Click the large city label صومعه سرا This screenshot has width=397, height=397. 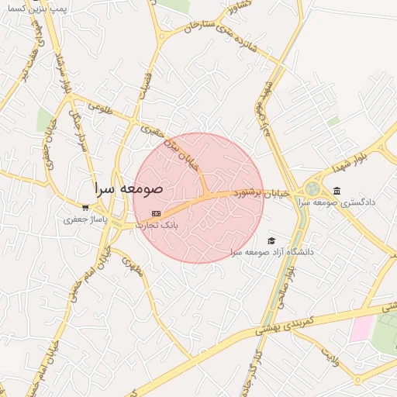(x=129, y=188)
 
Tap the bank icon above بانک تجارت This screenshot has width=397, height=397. (x=157, y=213)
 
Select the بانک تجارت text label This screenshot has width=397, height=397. (x=157, y=225)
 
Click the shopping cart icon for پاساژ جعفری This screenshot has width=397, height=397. (x=85, y=208)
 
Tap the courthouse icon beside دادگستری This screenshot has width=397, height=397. (x=336, y=191)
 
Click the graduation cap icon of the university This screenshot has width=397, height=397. (x=271, y=240)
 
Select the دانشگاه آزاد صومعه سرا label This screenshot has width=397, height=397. (x=271, y=252)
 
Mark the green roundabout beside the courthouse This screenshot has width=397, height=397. (x=312, y=188)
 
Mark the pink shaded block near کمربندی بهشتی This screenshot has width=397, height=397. (x=361, y=329)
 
